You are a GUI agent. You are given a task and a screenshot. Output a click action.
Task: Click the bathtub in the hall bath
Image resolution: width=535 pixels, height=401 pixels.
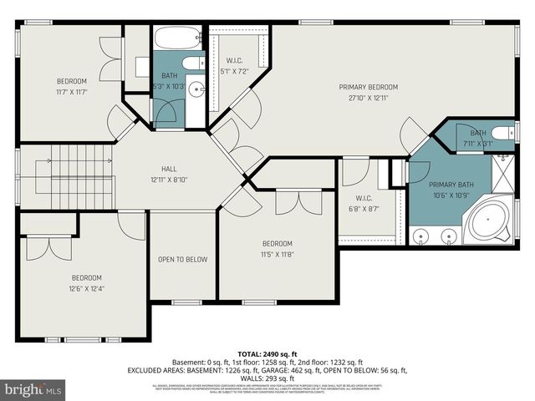point(176,38)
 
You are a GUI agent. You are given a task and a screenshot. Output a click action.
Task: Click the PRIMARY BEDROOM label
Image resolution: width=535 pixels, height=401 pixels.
point(368,87)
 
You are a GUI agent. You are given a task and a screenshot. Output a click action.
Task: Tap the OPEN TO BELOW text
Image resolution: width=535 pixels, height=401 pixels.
point(182,259)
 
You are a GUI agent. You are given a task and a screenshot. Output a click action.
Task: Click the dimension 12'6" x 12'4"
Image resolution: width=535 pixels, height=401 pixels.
point(86,289)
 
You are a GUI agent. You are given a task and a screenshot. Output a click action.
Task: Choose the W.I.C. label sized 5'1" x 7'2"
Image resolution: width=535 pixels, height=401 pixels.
point(234,71)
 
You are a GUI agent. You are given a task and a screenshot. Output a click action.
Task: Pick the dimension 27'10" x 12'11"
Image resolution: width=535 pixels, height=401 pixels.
point(368,98)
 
